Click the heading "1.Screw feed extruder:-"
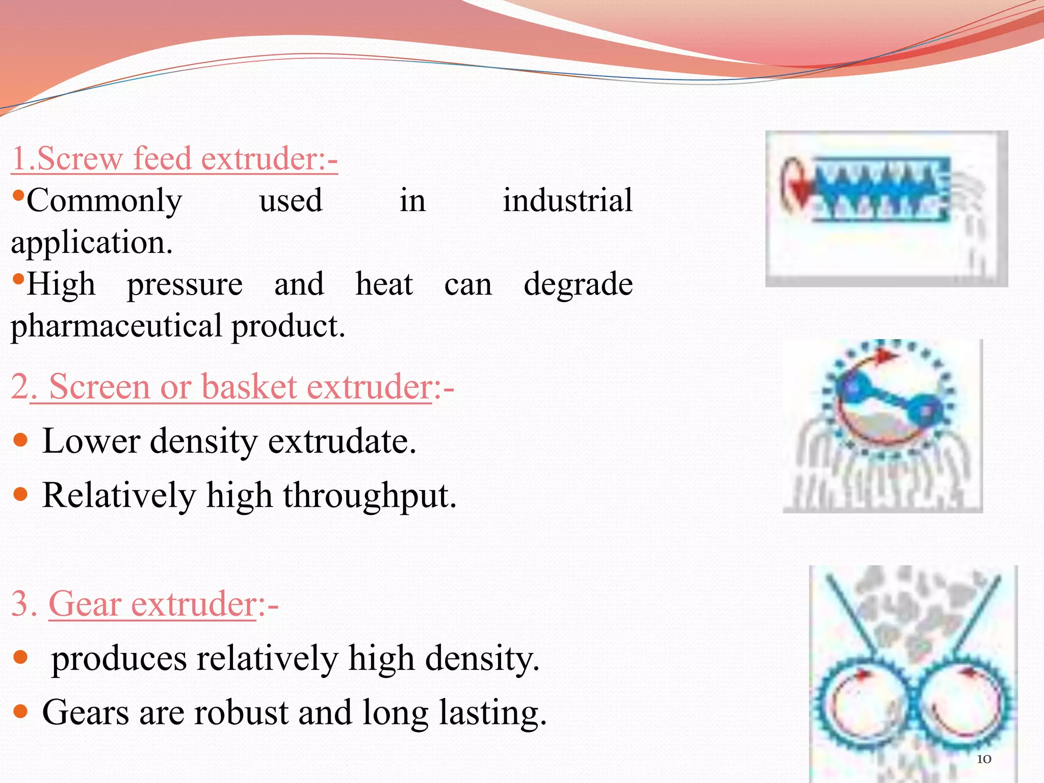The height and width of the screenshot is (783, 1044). point(174,159)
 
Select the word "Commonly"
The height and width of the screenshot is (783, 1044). point(104,200)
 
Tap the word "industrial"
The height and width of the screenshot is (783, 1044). point(567,200)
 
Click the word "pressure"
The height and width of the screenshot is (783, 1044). point(185,284)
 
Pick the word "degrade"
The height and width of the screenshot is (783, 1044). point(578,284)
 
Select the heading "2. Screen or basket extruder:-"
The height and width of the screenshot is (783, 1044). point(232,386)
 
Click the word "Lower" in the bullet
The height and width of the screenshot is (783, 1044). point(91,441)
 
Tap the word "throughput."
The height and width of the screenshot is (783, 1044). point(370,495)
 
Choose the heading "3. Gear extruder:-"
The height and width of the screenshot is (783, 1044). point(145,604)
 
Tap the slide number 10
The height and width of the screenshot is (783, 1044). point(984,759)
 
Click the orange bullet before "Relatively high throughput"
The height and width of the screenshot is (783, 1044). point(20,494)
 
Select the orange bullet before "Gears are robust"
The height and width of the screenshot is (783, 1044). point(20,711)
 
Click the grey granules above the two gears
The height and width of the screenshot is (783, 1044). point(912,617)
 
